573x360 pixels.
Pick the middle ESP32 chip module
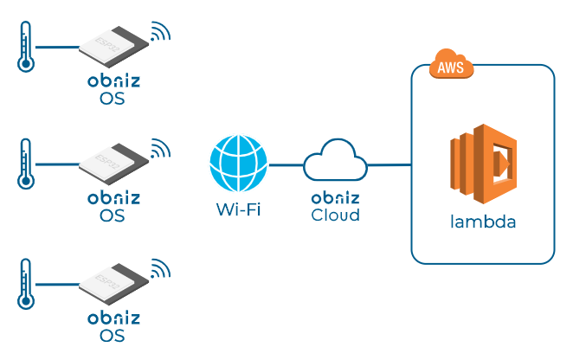pyautogui.click(x=112, y=162)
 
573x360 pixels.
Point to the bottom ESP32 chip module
pyautogui.click(x=112, y=282)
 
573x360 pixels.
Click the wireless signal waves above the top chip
pyautogui.click(x=159, y=32)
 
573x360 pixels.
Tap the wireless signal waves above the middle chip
pyautogui.click(x=159, y=148)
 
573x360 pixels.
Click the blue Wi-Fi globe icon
pyautogui.click(x=239, y=164)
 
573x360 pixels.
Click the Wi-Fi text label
pyautogui.click(x=238, y=209)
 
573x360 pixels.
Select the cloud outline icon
pyautogui.click(x=335, y=160)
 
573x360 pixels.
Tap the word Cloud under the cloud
pyautogui.click(x=335, y=215)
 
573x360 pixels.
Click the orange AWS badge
pyautogui.click(x=451, y=67)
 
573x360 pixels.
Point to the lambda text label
pyautogui.click(x=482, y=222)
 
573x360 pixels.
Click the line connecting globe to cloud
pyautogui.click(x=286, y=164)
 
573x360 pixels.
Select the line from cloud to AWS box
pyautogui.click(x=389, y=164)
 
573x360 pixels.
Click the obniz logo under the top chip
pyautogui.click(x=113, y=82)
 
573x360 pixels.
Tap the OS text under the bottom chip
pyautogui.click(x=113, y=336)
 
